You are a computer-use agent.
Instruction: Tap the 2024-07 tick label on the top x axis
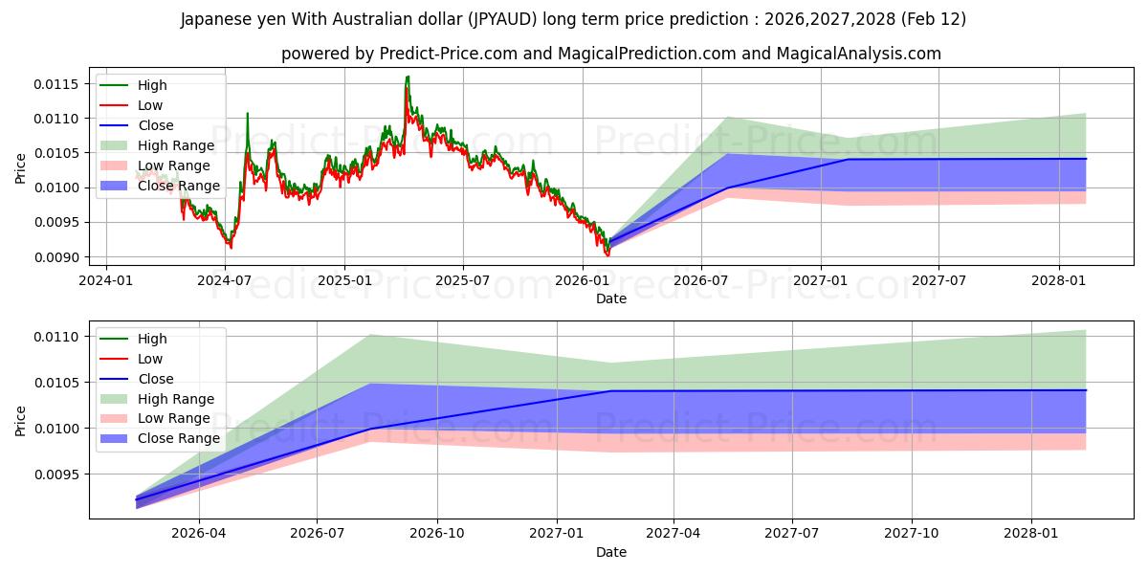click(x=225, y=280)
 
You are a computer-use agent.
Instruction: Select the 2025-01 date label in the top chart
click(x=343, y=280)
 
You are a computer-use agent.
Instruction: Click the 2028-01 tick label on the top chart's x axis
click(x=1059, y=280)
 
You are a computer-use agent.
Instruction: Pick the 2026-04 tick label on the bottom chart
click(x=199, y=533)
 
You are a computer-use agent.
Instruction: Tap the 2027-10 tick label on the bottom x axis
click(x=912, y=533)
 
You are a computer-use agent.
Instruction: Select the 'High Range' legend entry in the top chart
click(x=176, y=145)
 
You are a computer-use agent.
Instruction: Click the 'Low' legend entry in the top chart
click(x=150, y=105)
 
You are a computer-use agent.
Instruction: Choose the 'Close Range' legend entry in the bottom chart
click(x=179, y=438)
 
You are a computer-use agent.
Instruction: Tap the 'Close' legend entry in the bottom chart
click(x=156, y=379)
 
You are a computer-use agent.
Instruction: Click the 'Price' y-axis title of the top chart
click(x=21, y=168)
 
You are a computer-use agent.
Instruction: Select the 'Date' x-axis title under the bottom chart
click(x=611, y=552)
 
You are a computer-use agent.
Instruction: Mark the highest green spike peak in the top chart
click(x=408, y=77)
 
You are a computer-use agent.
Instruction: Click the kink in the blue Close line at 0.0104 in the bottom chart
click(x=610, y=390)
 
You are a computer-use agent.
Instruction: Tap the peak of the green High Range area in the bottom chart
click(x=369, y=335)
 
